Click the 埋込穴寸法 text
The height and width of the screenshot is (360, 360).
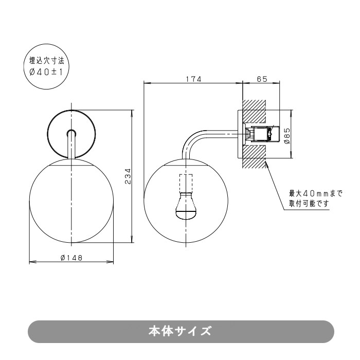coord(46,61)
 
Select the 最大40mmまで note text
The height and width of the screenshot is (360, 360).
coord(315,194)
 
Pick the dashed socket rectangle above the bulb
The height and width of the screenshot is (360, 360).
coord(186,183)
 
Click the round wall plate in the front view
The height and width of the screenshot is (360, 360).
coord(71,134)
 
